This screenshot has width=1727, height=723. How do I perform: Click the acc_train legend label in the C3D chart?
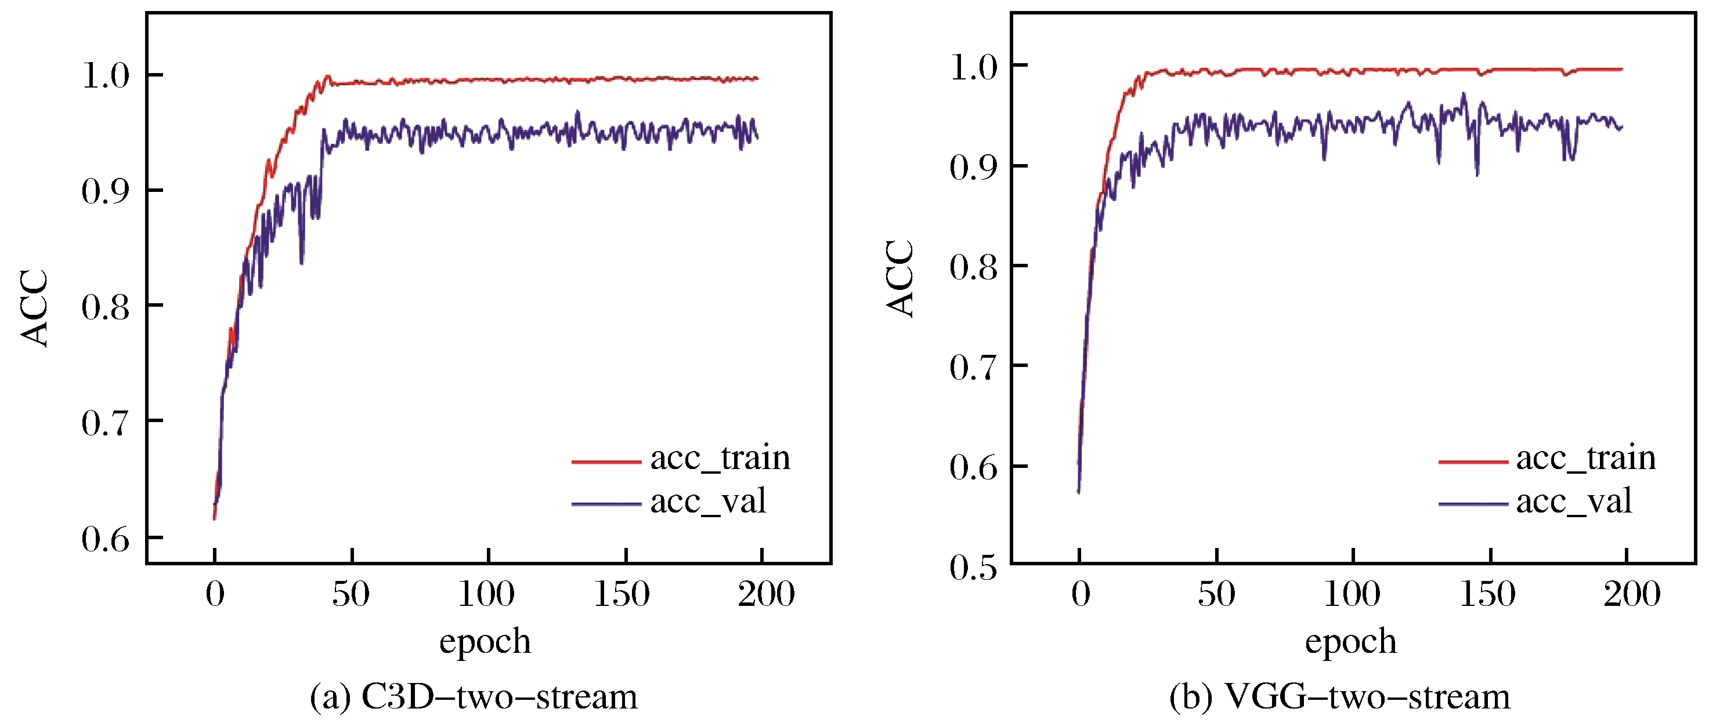720,458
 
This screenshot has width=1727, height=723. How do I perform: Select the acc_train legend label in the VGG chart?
1585,458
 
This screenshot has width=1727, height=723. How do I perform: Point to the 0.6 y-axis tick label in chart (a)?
105,539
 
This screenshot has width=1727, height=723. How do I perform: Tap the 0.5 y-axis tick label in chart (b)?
973,567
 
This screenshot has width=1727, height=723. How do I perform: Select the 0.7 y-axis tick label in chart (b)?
973,367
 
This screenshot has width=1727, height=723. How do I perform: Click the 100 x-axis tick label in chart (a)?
486,594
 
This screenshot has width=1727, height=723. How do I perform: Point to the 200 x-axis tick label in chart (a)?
765,594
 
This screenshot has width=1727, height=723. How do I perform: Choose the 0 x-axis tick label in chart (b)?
1080,594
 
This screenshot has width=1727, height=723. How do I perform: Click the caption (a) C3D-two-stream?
474,697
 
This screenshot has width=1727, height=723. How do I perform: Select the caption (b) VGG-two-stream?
1339,697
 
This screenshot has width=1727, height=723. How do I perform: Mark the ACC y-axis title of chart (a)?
34,308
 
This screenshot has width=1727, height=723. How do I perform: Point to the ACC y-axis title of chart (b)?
899,278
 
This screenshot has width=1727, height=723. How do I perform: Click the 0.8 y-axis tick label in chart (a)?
105,307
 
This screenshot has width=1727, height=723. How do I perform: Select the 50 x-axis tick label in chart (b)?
1216,594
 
